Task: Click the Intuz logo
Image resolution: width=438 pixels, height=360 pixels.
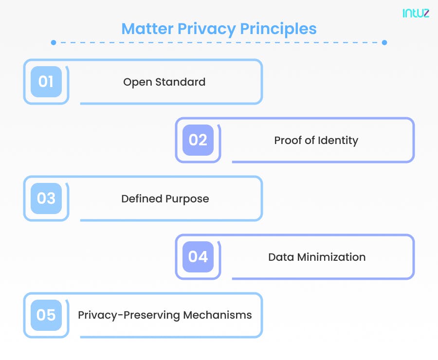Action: click(416, 13)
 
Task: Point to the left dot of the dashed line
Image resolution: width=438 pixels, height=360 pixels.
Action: click(54, 43)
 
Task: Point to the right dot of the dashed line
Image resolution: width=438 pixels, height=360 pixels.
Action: click(384, 43)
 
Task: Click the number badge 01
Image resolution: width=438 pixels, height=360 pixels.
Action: click(46, 82)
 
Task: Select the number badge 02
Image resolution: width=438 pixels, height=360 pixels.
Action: click(198, 140)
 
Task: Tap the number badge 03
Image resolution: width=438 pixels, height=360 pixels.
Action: click(46, 198)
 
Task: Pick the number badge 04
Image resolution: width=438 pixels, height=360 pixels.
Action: click(198, 257)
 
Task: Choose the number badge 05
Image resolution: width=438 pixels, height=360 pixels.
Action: click(46, 315)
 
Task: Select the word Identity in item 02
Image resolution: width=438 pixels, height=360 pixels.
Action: click(338, 141)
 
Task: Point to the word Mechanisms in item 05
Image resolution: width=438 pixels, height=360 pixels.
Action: click(218, 315)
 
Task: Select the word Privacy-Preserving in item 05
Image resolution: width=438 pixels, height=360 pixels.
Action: click(128, 315)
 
